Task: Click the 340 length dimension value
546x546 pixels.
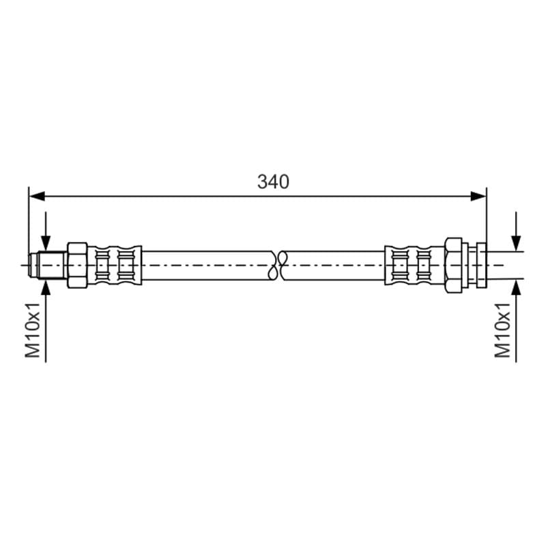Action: click(273, 182)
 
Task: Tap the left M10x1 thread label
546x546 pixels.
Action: click(33, 330)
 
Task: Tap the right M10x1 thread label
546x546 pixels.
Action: click(502, 330)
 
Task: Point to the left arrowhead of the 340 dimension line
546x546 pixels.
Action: click(38, 197)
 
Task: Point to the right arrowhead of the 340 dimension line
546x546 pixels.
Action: click(478, 197)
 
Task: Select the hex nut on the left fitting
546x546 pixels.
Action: click(77, 265)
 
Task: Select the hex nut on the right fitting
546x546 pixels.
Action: click(454, 265)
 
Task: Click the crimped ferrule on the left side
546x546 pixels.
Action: click(115, 265)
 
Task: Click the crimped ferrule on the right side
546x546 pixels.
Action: click(415, 265)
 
